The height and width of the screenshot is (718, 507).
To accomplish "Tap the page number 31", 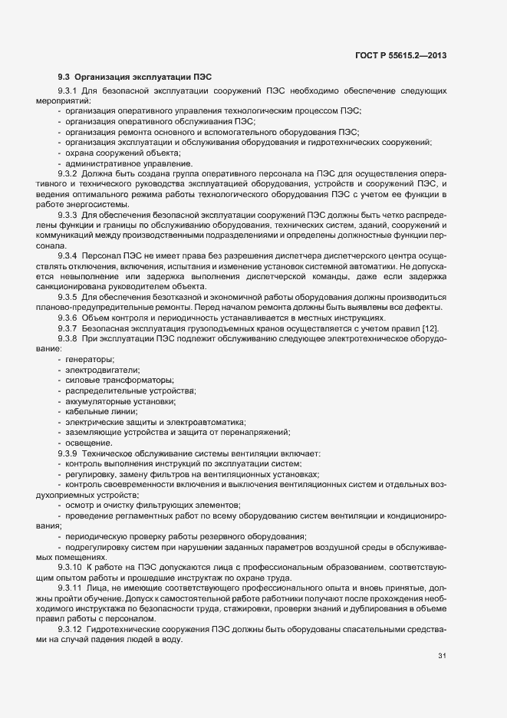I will click(442, 655).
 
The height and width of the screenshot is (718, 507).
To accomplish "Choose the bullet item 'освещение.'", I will click(89, 443).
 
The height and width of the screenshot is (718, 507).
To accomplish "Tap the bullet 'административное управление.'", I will click(129, 163).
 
